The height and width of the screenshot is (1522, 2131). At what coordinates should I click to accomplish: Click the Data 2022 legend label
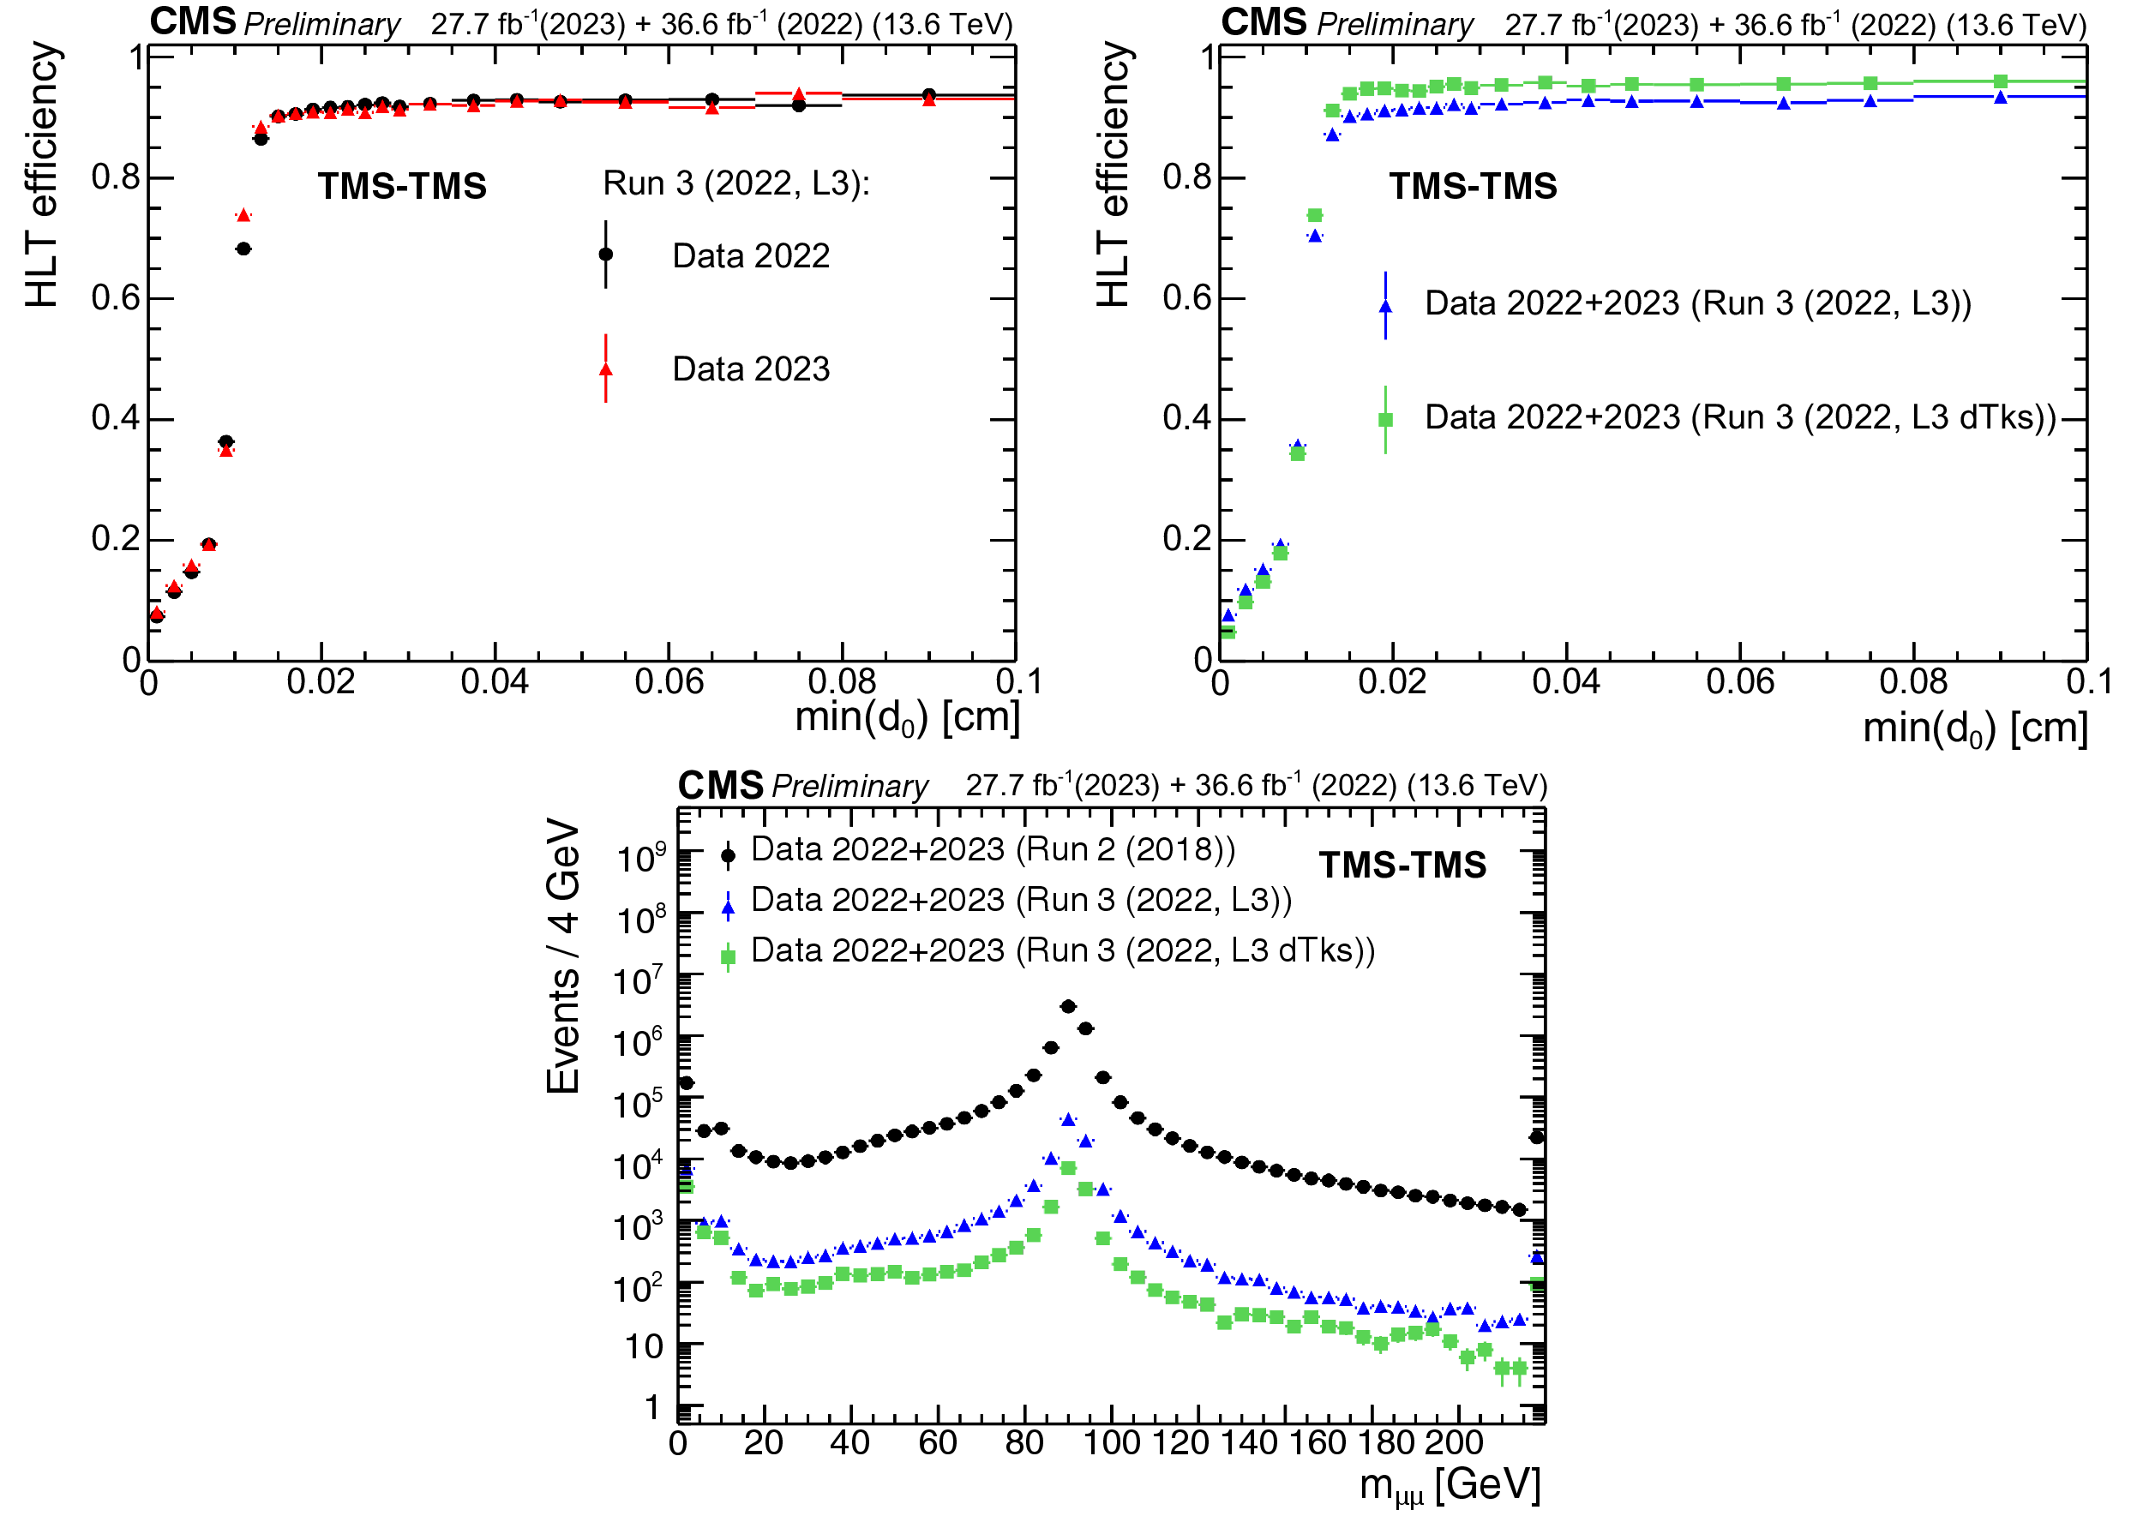click(751, 256)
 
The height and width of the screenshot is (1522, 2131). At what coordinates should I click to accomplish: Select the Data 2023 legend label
click(751, 369)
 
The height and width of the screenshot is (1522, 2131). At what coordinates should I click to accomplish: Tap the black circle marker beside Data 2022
click(606, 254)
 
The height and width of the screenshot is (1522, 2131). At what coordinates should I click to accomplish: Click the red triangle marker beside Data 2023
click(606, 369)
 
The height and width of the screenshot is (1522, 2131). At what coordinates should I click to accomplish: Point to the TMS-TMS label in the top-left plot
click(402, 186)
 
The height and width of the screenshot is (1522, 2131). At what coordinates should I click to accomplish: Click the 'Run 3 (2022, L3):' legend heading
click(736, 183)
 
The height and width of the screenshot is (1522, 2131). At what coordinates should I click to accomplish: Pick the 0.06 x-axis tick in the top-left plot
click(669, 682)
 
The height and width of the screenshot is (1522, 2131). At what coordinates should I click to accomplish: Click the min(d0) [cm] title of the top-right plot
click(1975, 728)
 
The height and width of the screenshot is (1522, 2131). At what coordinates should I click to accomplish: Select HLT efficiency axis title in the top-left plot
click(43, 176)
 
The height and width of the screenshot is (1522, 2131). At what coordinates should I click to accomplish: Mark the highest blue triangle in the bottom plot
click(1068, 1119)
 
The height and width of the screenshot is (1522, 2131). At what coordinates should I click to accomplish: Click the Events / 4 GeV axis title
click(563, 956)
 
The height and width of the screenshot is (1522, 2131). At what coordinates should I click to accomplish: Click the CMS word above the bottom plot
click(720, 785)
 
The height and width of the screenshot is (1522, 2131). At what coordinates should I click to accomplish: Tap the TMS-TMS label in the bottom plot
click(1402, 865)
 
